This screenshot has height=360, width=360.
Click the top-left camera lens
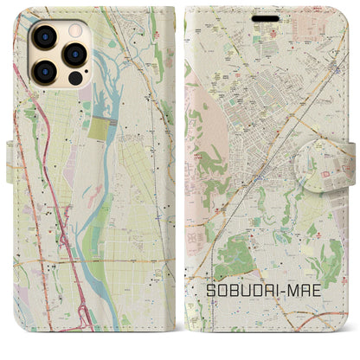tap(46, 39)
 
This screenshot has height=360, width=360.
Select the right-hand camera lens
tap(74, 54)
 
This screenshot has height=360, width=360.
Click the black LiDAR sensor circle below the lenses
tap(74, 77)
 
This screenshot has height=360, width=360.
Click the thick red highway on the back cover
tap(54, 199)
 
